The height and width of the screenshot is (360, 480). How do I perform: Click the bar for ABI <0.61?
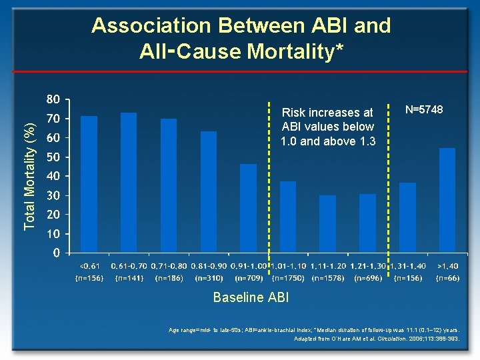89,185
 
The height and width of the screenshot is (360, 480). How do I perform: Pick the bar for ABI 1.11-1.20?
327,224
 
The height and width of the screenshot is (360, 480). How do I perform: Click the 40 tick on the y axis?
53,177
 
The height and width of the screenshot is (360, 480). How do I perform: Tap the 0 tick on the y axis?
57,253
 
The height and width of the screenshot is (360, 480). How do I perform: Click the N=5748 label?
425,109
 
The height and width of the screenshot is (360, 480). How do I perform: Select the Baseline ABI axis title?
251,298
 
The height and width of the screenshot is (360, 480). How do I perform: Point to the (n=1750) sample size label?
288,277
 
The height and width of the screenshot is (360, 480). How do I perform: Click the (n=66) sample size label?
447,277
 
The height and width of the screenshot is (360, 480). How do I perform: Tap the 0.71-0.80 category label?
169,266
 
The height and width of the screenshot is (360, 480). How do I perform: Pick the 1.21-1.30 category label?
368,266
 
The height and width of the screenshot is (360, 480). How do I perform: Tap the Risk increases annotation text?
327,113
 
